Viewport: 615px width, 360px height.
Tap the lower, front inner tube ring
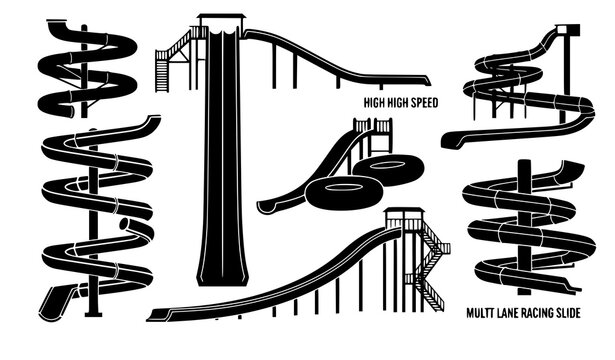337,191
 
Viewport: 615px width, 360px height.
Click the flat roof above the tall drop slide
222,16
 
